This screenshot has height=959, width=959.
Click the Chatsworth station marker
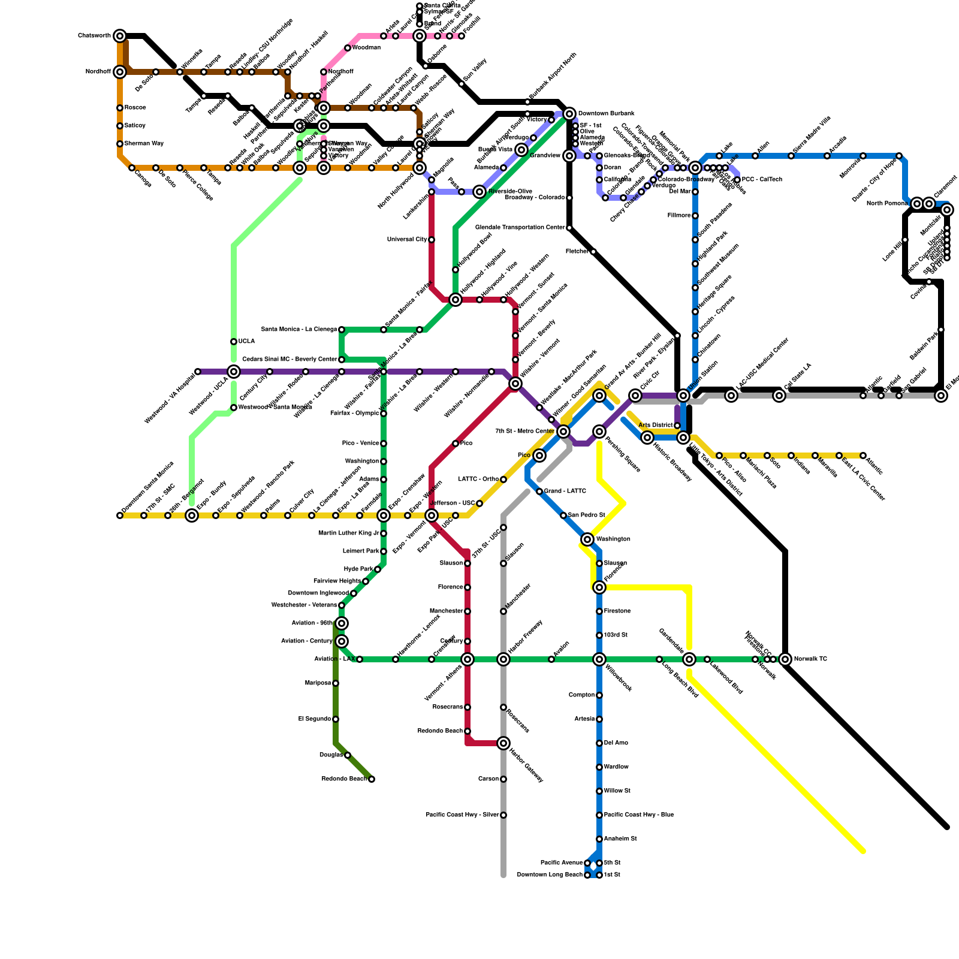click(120, 36)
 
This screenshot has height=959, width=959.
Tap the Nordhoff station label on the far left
click(98, 72)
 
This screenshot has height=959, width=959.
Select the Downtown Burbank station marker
click(569, 114)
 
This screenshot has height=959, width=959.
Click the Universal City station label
click(407, 240)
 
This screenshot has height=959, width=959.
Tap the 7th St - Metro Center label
click(524, 432)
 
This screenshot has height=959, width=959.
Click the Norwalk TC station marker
click(785, 659)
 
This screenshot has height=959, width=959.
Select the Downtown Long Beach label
click(550, 875)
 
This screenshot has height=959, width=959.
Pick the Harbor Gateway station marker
click(503, 743)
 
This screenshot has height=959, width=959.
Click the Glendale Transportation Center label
click(520, 228)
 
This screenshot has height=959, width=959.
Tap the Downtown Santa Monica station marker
click(120, 515)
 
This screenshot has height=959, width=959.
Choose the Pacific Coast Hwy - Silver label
click(462, 815)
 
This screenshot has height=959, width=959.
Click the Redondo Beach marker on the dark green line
click(372, 779)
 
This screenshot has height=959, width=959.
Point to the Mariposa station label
click(318, 683)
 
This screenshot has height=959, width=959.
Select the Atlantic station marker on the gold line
click(863, 456)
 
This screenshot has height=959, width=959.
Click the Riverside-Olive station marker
click(479, 192)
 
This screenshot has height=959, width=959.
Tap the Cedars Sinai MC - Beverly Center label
click(289, 360)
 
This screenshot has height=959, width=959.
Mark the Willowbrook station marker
click(599, 659)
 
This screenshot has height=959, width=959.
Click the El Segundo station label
click(315, 719)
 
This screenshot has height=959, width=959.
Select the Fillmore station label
click(679, 216)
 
